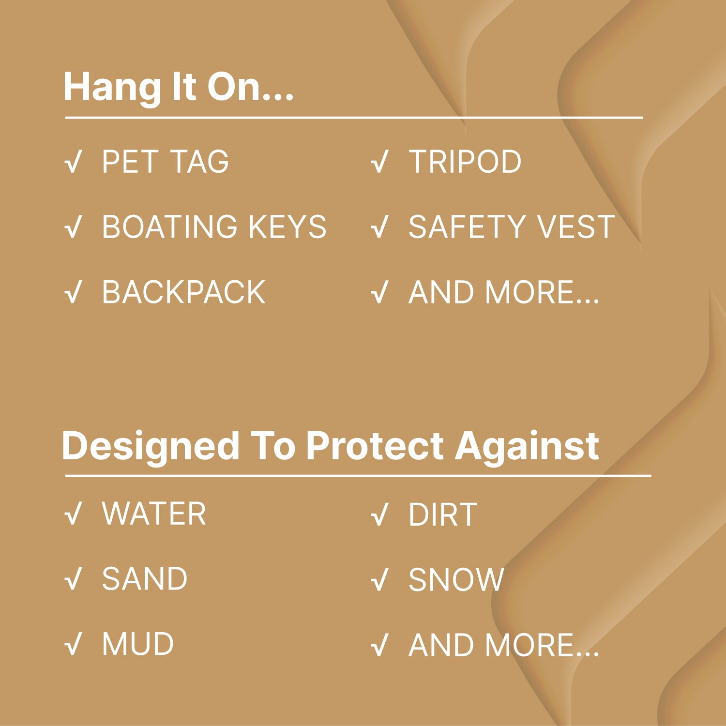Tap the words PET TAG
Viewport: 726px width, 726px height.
[165, 162]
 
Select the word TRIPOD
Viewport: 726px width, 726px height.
[465, 162]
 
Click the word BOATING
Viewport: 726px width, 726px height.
[170, 227]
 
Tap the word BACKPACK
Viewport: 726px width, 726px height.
[184, 292]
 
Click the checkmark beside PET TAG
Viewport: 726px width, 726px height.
[73, 162]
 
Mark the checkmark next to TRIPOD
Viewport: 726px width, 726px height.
[380, 162]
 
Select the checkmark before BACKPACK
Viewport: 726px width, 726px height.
[73, 293]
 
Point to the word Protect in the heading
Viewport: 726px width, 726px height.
[375, 446]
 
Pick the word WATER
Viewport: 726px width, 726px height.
[154, 514]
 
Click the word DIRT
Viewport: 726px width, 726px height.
[443, 514]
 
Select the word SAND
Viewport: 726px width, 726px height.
[144, 579]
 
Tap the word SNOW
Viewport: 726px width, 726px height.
[456, 579]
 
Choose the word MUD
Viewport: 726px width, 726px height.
[138, 644]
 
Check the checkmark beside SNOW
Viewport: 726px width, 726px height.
[380, 580]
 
